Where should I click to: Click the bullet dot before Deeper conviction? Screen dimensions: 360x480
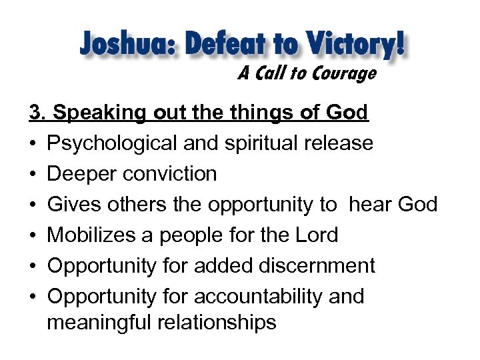pyautogui.click(x=33, y=175)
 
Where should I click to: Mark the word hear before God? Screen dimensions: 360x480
pyautogui.click(x=371, y=205)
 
